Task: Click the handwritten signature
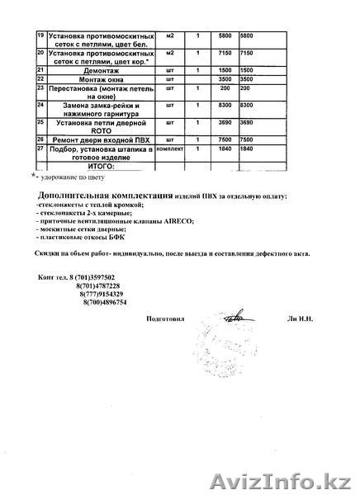point(235,316)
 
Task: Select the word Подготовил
point(166,318)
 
